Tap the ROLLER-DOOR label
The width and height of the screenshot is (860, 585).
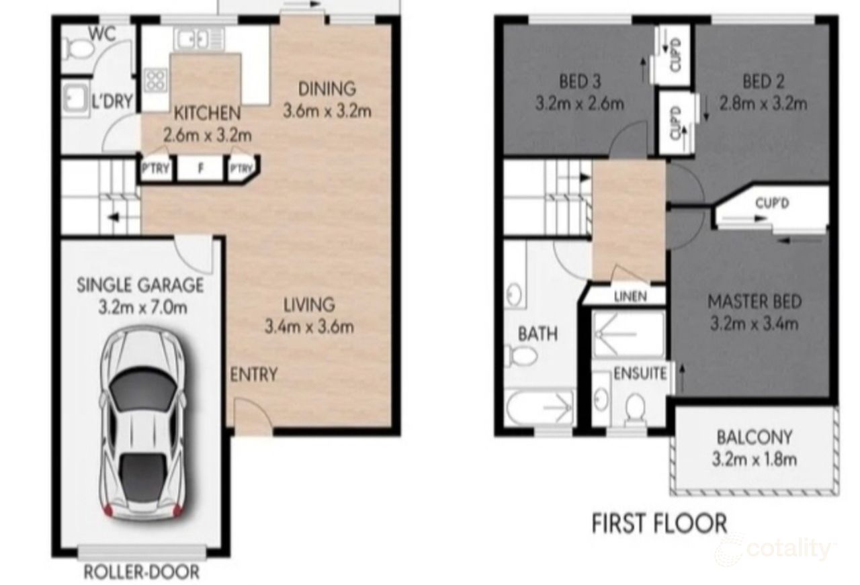coord(142,572)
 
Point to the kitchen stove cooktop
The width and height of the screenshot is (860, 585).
coord(155,81)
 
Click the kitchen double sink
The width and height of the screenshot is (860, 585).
coord(193,40)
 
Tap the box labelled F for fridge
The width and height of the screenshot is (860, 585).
coord(200,169)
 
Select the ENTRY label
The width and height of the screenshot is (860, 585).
coord(253,375)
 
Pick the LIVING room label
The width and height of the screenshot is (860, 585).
coord(308,304)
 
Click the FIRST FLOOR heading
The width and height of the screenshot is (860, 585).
coord(659,523)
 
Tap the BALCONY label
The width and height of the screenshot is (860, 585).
coord(754,437)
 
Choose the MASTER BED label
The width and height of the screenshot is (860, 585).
coord(754,302)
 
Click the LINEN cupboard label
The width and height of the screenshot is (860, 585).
coord(630,296)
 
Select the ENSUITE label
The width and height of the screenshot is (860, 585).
coord(640,373)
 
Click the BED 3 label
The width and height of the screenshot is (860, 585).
coord(580,82)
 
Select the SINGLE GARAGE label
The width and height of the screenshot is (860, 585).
coord(140,285)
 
